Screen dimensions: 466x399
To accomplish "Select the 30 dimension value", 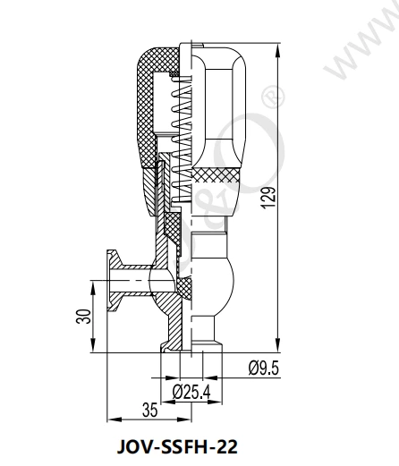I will coord(82,317).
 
